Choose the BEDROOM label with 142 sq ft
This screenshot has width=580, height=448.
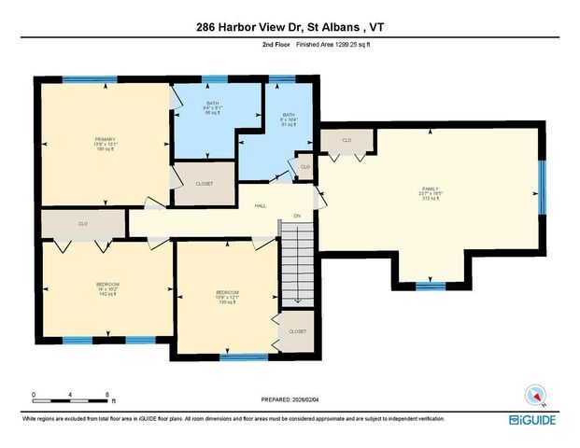(x=107, y=288)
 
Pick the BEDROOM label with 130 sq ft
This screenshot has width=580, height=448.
(x=228, y=297)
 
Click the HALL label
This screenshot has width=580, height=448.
(x=261, y=206)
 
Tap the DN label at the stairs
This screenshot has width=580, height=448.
(x=297, y=217)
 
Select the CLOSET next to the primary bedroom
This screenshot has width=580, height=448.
(x=204, y=184)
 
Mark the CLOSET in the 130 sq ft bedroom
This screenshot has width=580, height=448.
(x=297, y=331)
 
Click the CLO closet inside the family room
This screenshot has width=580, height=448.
(x=347, y=141)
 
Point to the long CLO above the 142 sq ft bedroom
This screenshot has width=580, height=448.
(x=83, y=224)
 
